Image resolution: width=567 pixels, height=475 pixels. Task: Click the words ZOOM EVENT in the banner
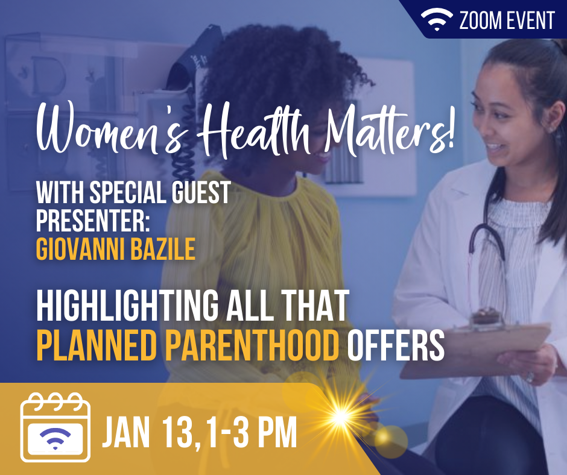point(507,20)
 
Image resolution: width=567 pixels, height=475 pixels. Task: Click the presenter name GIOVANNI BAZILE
point(116,249)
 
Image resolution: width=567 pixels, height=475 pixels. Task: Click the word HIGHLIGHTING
point(127,306)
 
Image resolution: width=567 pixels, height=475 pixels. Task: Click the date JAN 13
point(148,432)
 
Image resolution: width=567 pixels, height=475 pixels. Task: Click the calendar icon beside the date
point(55,427)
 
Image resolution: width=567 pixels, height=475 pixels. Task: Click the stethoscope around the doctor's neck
point(488,246)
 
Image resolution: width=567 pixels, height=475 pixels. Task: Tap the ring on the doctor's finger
point(530,377)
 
